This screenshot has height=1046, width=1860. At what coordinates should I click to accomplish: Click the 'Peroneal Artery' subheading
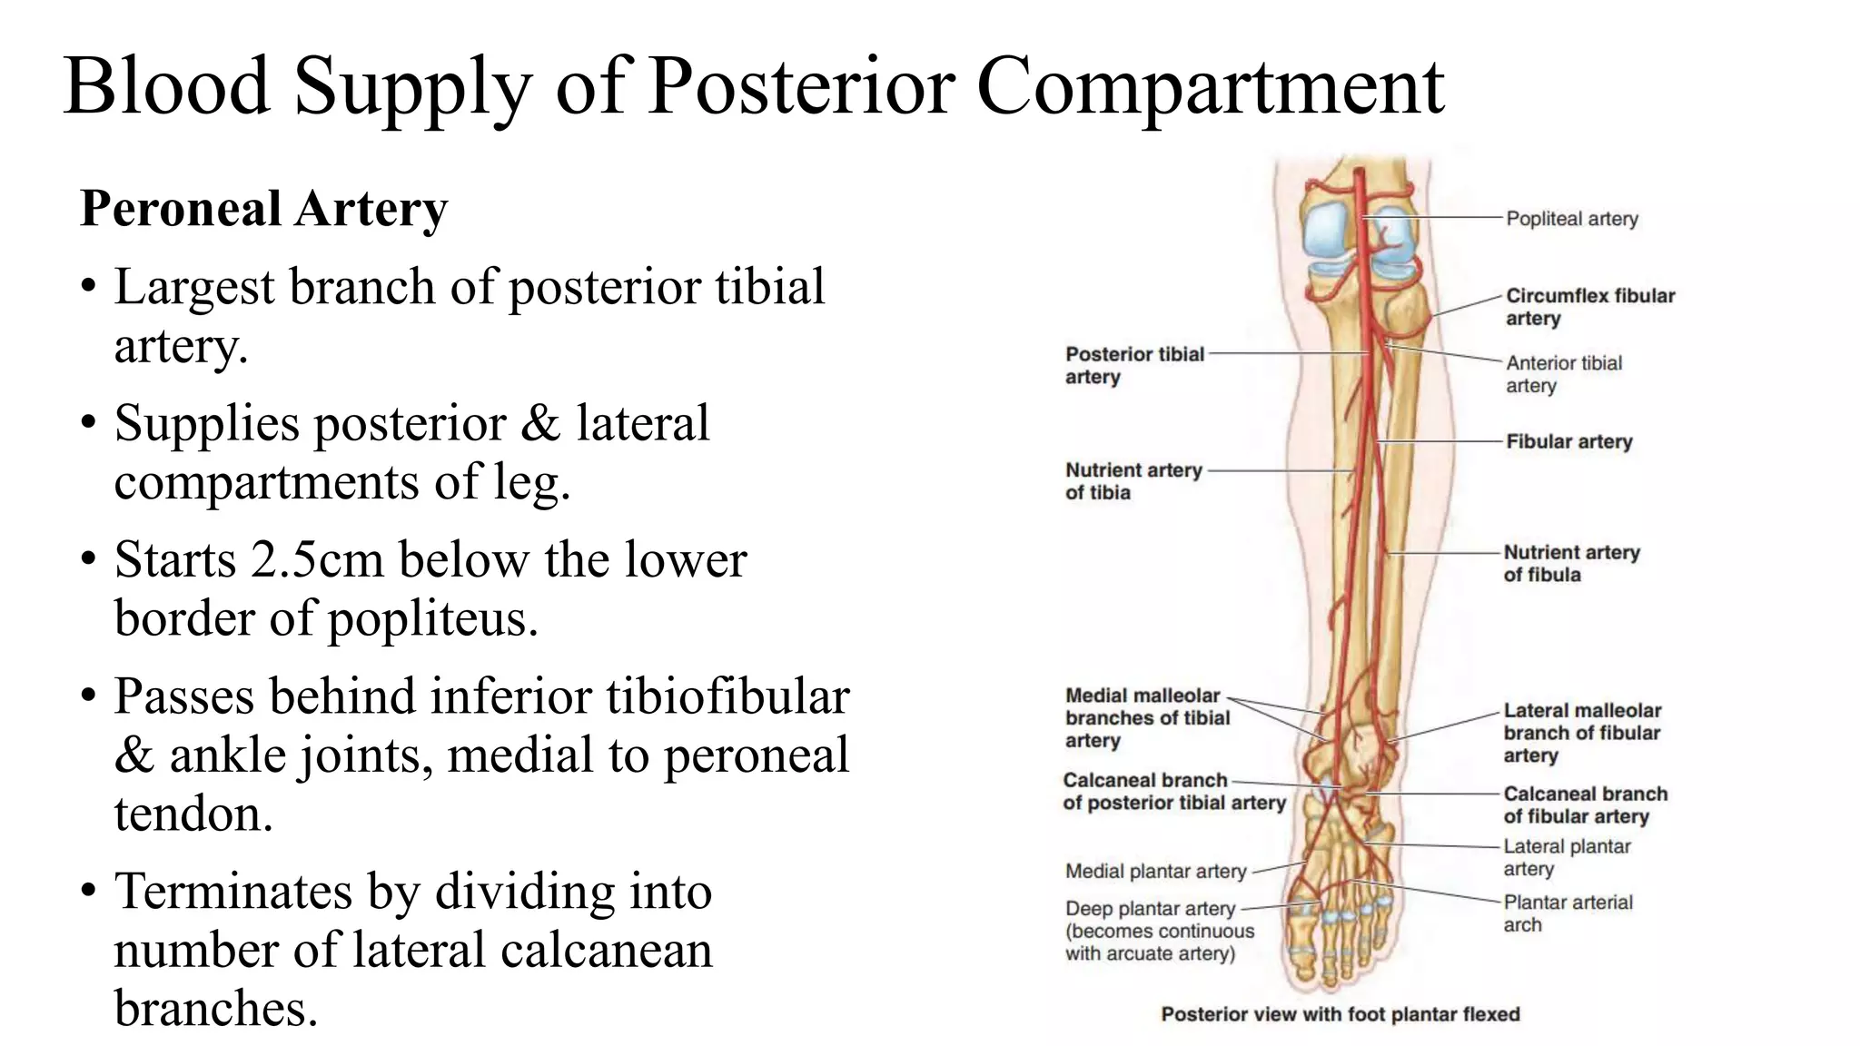coord(263,209)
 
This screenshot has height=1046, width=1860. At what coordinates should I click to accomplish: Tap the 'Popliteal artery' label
coord(1571,219)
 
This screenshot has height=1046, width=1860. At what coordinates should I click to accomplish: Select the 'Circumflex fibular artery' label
coord(1589,307)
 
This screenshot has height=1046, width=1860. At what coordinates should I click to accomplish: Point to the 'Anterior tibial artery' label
coord(1563,374)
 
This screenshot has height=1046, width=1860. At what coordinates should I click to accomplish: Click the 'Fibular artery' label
coord(1568,442)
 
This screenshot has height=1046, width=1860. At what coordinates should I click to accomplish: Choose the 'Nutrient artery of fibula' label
coord(1571,563)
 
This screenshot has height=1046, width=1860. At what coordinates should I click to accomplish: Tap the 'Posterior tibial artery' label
coord(1133,365)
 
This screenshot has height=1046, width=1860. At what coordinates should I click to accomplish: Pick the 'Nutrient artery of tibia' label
coord(1133,481)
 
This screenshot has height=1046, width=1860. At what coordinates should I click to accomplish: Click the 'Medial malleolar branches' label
coord(1146,717)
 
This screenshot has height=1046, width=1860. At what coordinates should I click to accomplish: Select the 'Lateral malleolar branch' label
coord(1581,732)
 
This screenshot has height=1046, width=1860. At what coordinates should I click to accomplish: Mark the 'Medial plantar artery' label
coord(1155,872)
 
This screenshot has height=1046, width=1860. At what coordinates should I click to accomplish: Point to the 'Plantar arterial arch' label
coord(1567,913)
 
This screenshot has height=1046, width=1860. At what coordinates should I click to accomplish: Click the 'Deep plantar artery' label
coord(1150,909)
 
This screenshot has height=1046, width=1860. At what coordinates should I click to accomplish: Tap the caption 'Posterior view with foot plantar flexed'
coord(1340,1014)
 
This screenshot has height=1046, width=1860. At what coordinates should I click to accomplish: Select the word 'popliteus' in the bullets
coord(431,620)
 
